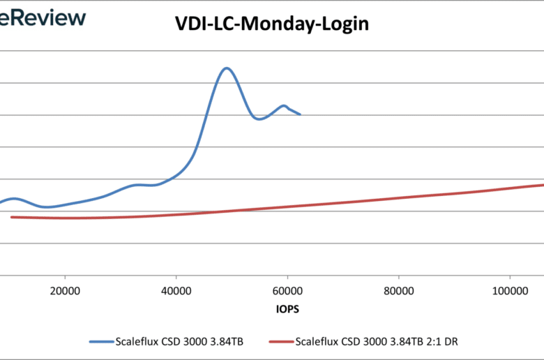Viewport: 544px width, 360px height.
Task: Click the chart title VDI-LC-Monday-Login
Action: pyautogui.click(x=272, y=24)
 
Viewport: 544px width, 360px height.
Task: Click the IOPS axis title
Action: pyautogui.click(x=287, y=307)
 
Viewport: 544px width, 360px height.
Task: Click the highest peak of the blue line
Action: pyautogui.click(x=226, y=68)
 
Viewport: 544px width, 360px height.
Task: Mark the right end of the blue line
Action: pyautogui.click(x=300, y=114)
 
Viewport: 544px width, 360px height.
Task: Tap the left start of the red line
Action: pyautogui.click(x=12, y=217)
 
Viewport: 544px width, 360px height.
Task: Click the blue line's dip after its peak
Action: pyautogui.click(x=259, y=119)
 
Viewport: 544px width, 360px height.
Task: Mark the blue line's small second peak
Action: pyautogui.click(x=284, y=106)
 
